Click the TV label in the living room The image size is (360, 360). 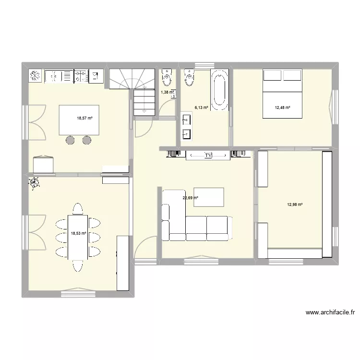(208, 156)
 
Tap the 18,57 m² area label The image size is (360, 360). (84, 118)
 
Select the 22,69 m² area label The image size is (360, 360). (191, 197)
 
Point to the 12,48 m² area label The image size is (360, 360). (282, 108)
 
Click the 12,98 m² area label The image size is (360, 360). (295, 205)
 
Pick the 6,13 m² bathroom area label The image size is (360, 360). (201, 108)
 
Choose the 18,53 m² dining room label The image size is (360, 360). (78, 234)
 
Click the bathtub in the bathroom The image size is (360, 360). (220, 88)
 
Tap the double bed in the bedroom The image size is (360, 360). (282, 94)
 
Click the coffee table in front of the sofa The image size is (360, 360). (209, 197)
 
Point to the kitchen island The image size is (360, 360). (79, 120)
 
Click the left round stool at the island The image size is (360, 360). (70, 140)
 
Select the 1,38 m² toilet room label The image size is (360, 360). (167, 92)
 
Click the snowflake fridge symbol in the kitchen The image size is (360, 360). (36, 75)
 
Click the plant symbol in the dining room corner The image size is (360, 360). (34, 182)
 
